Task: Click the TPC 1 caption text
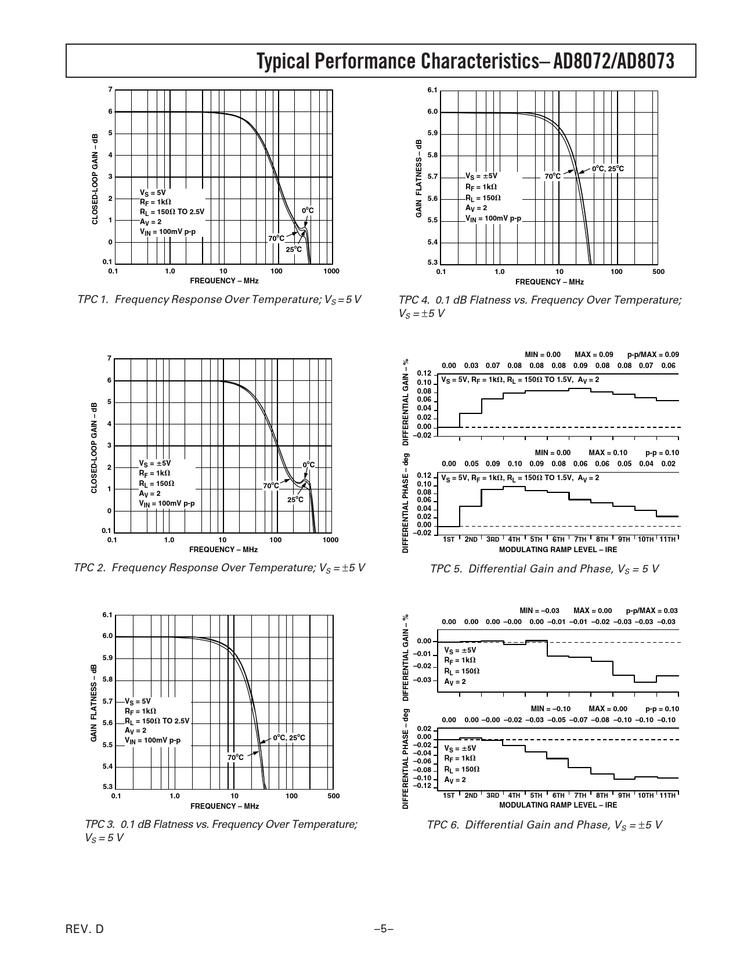(x=219, y=300)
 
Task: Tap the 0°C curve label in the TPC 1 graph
(x=308, y=210)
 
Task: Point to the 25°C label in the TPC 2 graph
(x=295, y=500)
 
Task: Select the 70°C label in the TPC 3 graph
(x=235, y=757)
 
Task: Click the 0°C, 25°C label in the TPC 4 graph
(x=608, y=169)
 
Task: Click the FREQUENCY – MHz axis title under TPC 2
(x=223, y=549)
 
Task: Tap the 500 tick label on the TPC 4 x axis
(x=658, y=272)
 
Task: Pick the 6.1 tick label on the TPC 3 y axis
(x=107, y=614)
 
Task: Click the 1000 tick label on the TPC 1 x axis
(x=331, y=271)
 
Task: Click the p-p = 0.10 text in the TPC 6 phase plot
(x=662, y=709)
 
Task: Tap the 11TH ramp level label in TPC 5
(x=667, y=539)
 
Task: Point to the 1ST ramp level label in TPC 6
(x=449, y=795)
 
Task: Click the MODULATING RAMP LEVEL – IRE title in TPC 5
(x=558, y=549)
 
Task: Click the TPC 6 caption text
(x=544, y=825)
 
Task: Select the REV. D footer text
(x=85, y=930)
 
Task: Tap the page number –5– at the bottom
(x=384, y=930)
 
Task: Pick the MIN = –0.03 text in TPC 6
(x=539, y=610)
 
